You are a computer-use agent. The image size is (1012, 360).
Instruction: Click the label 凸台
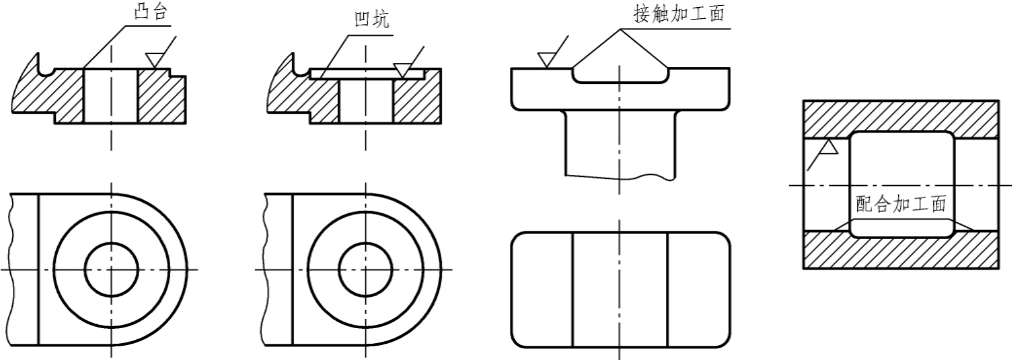tap(151, 12)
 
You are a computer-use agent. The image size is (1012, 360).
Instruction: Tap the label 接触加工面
tap(679, 13)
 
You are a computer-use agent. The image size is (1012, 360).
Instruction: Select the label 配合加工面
tap(900, 203)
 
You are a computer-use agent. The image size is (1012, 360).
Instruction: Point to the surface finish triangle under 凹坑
tap(403, 70)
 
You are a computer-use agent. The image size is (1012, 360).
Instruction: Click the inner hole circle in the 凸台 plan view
tap(112, 243)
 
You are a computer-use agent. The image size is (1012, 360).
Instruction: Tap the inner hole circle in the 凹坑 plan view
tap(366, 243)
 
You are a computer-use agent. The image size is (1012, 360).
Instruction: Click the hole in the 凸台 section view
tap(111, 96)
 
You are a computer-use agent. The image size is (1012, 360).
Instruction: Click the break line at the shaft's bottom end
tap(621, 177)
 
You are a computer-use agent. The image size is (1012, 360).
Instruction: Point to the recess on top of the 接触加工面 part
tap(621, 75)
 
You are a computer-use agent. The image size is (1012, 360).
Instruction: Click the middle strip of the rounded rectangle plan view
tap(620, 290)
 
